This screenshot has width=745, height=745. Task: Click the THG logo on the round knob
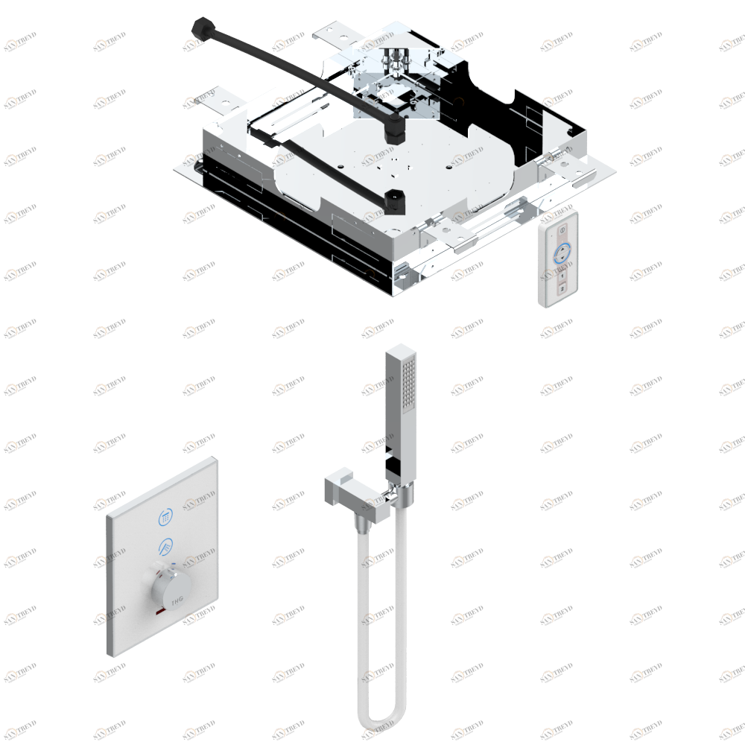point(176,598)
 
